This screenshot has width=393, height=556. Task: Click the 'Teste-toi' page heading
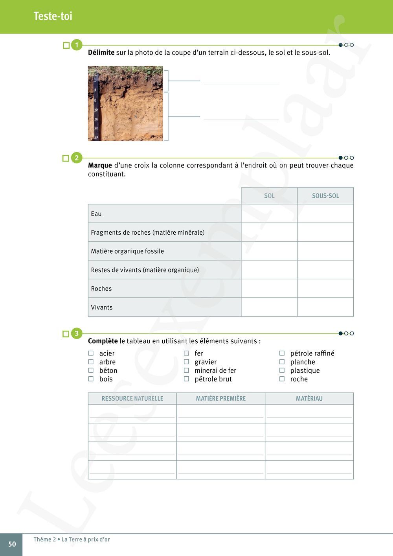(53, 16)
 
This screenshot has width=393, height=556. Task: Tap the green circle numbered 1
(77, 45)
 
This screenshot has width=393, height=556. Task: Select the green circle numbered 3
(77, 333)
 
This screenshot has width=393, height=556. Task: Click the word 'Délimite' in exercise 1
(101, 53)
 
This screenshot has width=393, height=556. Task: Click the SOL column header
(269, 196)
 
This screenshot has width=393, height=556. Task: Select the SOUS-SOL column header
(325, 196)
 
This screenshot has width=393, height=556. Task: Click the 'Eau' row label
(96, 214)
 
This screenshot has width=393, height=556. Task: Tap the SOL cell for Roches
(269, 289)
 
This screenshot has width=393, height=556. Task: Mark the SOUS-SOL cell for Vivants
(325, 307)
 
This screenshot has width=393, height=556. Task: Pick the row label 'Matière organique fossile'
(127, 251)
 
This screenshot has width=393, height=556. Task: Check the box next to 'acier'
(91, 353)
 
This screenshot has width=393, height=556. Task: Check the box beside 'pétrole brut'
(187, 379)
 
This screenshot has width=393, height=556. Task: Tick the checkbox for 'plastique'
(282, 370)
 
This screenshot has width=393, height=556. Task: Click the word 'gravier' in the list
(206, 362)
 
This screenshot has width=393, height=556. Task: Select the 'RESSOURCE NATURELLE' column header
(132, 398)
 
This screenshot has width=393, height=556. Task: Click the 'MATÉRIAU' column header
(309, 398)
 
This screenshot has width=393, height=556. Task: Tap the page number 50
(12, 544)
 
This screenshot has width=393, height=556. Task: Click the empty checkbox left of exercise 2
(66, 158)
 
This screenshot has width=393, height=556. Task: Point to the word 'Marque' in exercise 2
(100, 166)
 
